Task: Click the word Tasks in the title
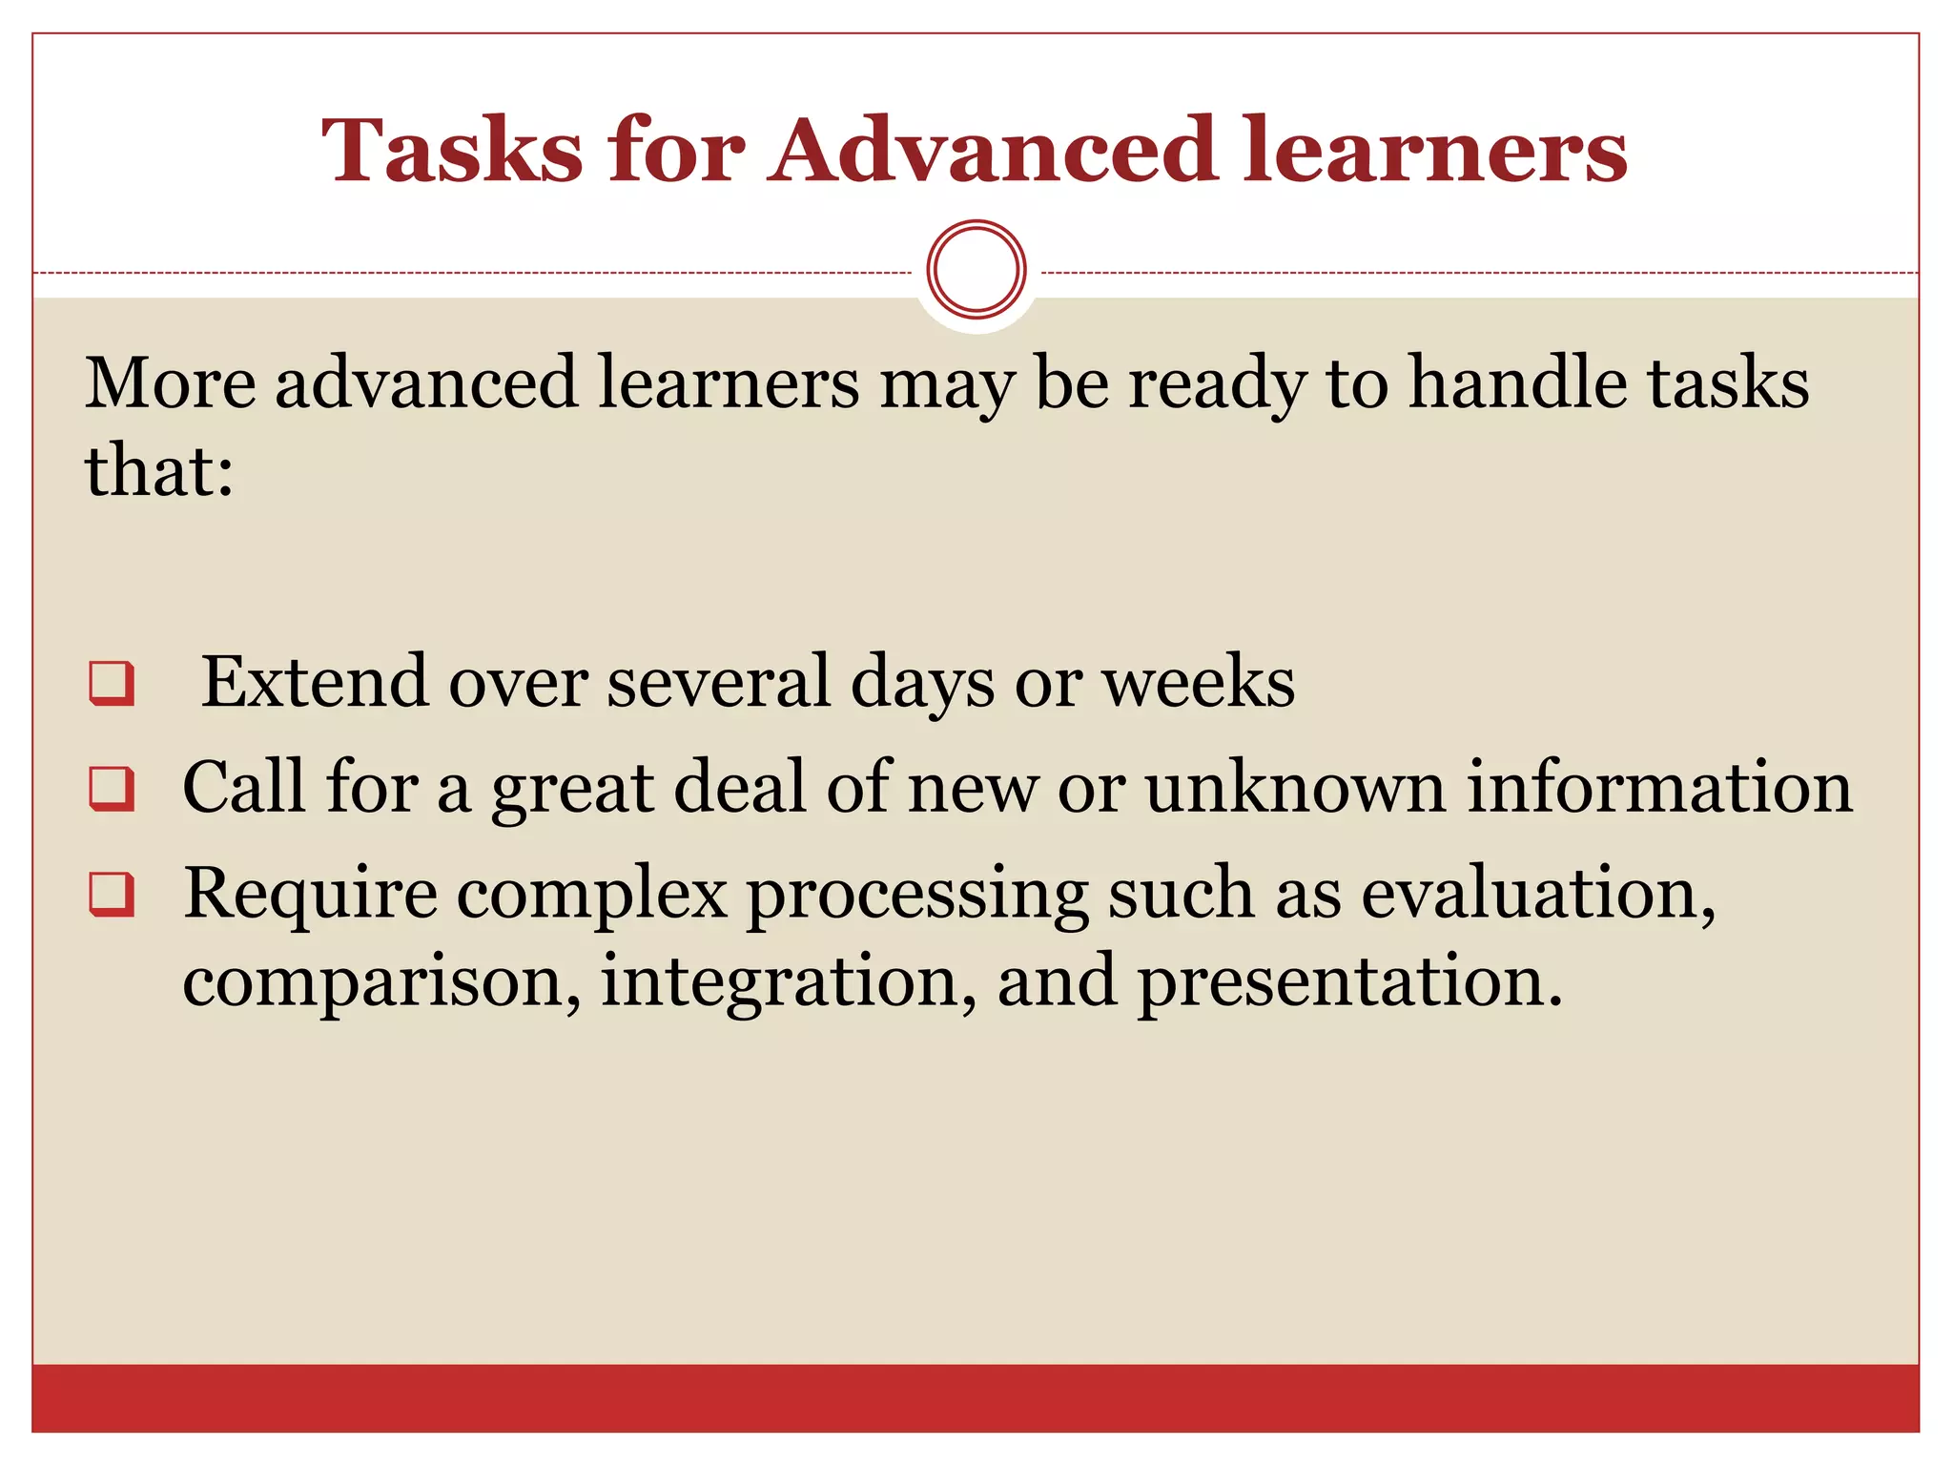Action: point(451,151)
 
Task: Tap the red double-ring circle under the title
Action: point(976,270)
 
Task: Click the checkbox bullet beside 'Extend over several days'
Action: point(112,683)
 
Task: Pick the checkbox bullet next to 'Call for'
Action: point(112,789)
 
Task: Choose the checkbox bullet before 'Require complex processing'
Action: point(112,895)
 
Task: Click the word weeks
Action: point(1199,682)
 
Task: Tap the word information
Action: point(1659,788)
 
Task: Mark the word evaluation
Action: point(1537,895)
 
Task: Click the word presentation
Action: point(1349,982)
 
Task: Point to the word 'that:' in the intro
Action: point(159,471)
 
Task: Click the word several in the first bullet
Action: point(719,682)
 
